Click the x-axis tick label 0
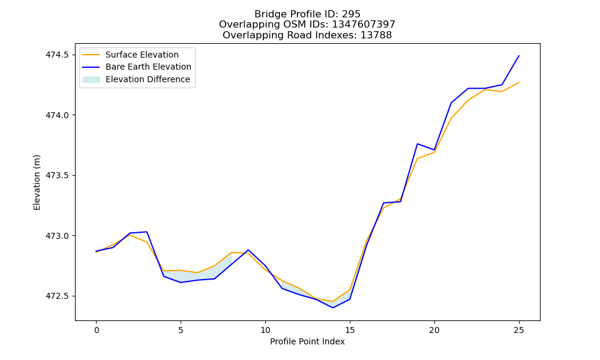click(x=97, y=330)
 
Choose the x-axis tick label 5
click(x=181, y=330)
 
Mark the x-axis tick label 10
click(x=265, y=330)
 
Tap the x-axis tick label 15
click(x=350, y=330)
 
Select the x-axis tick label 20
click(x=434, y=330)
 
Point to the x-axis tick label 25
click(x=519, y=330)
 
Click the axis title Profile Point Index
click(x=307, y=341)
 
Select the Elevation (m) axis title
click(x=37, y=182)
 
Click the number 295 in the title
click(x=351, y=14)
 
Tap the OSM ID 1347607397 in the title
click(x=364, y=25)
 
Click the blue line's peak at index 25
click(x=519, y=55)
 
